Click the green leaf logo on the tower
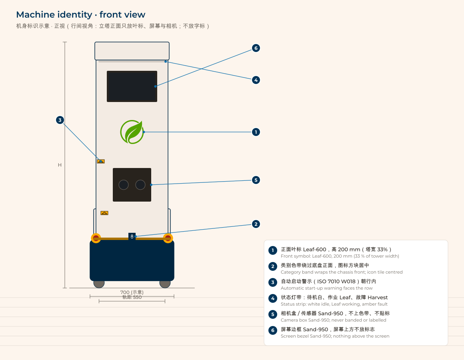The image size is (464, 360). (132, 132)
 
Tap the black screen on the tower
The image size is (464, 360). (132, 86)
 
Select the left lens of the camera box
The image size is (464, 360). (123, 185)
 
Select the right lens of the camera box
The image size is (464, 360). (140, 185)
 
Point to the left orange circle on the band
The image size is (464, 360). (96, 238)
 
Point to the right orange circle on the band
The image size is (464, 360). (168, 238)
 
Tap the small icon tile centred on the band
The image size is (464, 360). (132, 236)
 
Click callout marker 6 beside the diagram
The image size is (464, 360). (256, 48)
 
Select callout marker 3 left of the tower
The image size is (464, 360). (60, 120)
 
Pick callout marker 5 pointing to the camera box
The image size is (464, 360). (256, 180)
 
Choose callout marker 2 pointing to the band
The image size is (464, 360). (256, 224)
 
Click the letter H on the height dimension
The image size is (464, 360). (60, 165)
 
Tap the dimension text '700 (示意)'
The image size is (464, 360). (132, 292)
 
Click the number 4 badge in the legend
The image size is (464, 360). (273, 298)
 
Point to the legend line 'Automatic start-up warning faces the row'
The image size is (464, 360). (327, 288)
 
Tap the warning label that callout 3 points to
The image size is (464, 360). (101, 162)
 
